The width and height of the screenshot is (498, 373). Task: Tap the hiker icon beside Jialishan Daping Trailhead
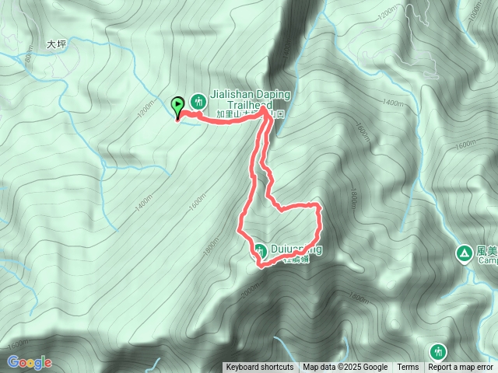tap(198, 100)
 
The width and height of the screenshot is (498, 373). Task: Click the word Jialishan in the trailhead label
tap(231, 94)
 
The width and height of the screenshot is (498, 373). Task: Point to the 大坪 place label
tap(57, 45)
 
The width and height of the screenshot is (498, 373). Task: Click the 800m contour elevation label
tap(29, 55)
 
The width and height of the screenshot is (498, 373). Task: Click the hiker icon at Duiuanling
tap(259, 250)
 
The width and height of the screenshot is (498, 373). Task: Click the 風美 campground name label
tap(486, 252)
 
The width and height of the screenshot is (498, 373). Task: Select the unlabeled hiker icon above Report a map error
tap(437, 351)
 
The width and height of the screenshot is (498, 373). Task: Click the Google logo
tap(30, 362)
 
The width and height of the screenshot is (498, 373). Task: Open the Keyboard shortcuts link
tap(260, 368)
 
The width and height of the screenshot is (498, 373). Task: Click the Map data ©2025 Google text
tap(345, 368)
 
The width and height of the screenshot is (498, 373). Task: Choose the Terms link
tap(408, 368)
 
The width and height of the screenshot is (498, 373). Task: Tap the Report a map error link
tap(461, 368)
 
